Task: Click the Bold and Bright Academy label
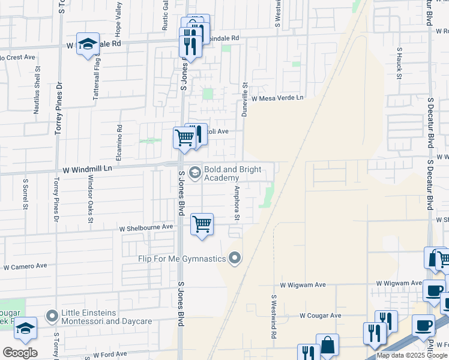click(233, 173)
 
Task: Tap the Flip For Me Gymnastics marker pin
click(235, 259)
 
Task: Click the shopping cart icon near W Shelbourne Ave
click(202, 224)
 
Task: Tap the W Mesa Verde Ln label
click(277, 98)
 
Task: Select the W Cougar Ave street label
click(321, 315)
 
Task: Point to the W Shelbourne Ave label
click(146, 228)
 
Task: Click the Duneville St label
click(244, 99)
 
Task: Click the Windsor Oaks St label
click(91, 199)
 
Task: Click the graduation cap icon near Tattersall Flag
click(88, 44)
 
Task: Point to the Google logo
click(20, 353)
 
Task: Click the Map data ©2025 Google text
click(412, 355)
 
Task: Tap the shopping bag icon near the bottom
click(328, 345)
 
